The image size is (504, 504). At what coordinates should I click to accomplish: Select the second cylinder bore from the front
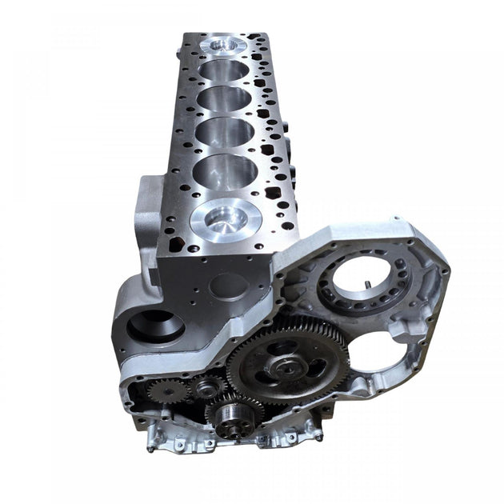coord(225,170)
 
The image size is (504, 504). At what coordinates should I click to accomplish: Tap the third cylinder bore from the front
coord(227,131)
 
